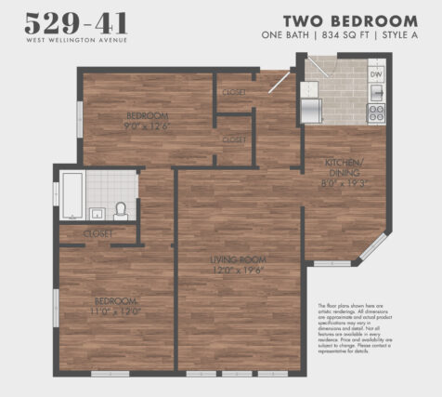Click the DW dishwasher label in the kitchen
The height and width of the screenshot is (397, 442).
click(376, 73)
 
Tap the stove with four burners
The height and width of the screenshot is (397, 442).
click(377, 112)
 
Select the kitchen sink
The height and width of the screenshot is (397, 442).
click(377, 92)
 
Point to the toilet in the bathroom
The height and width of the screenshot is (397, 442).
click(121, 209)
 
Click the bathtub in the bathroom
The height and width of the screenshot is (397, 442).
click(71, 195)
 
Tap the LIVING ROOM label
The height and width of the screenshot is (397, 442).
click(239, 259)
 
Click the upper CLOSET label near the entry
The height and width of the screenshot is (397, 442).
click(235, 92)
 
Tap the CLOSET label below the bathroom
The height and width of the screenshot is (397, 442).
click(97, 233)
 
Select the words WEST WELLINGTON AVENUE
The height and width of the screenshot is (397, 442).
click(78, 40)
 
